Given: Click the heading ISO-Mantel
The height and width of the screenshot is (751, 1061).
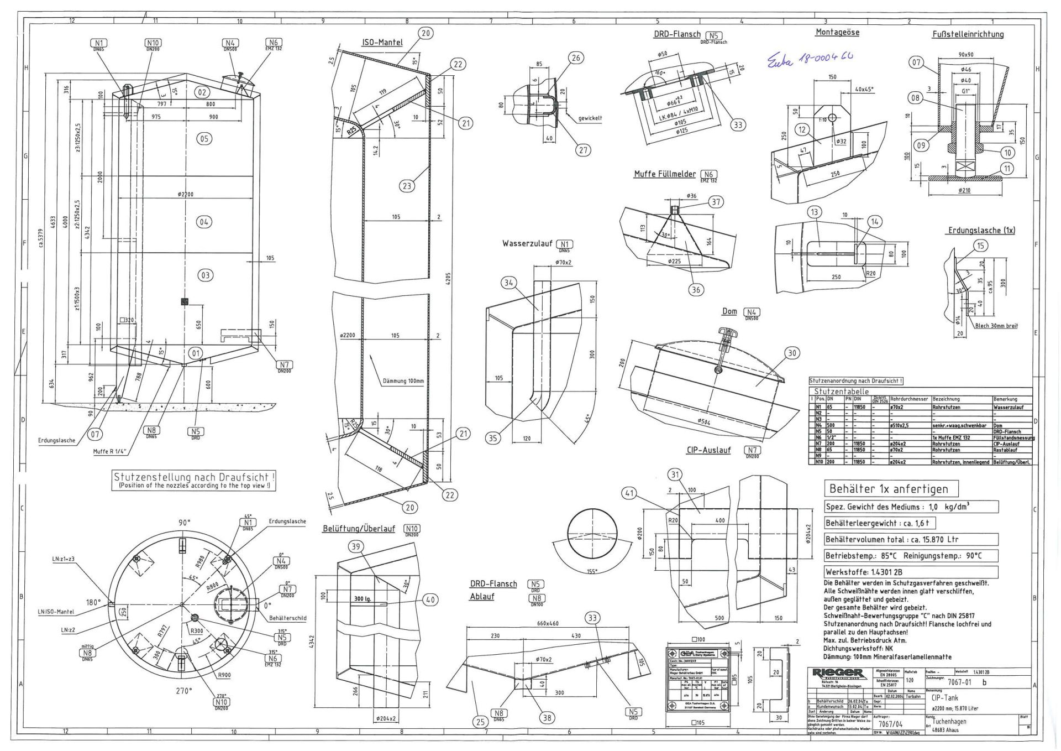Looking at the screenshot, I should pos(382,43).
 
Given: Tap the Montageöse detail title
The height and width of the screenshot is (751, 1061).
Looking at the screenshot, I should pos(837,33).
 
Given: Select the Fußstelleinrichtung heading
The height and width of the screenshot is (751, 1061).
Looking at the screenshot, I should pos(968,34).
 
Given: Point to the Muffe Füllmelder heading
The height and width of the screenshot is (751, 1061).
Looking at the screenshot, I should pos(665,174).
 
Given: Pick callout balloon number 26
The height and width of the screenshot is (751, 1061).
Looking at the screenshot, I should pos(576,58).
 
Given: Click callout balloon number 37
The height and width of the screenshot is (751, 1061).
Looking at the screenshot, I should pos(716,202).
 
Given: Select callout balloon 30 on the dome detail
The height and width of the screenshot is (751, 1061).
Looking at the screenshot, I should pos(792,353).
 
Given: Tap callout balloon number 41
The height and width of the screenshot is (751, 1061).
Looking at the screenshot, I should pos(629,493).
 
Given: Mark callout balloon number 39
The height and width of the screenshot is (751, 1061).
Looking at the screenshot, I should pos(356,547).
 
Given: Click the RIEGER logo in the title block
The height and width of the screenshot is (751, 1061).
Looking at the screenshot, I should pos(838,673).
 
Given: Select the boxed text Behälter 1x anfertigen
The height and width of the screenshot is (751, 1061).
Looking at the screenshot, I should pos(888,489).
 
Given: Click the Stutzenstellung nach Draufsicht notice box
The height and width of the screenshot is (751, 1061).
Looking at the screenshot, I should pos(194,480).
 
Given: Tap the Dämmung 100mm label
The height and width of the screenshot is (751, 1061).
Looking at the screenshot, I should pos(403,381).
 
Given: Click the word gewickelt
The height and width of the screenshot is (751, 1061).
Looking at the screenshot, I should pos(590,118).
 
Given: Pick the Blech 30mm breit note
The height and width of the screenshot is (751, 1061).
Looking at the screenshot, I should pos(996,326).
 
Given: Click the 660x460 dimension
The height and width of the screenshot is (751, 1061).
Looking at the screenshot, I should pos(547,623).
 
